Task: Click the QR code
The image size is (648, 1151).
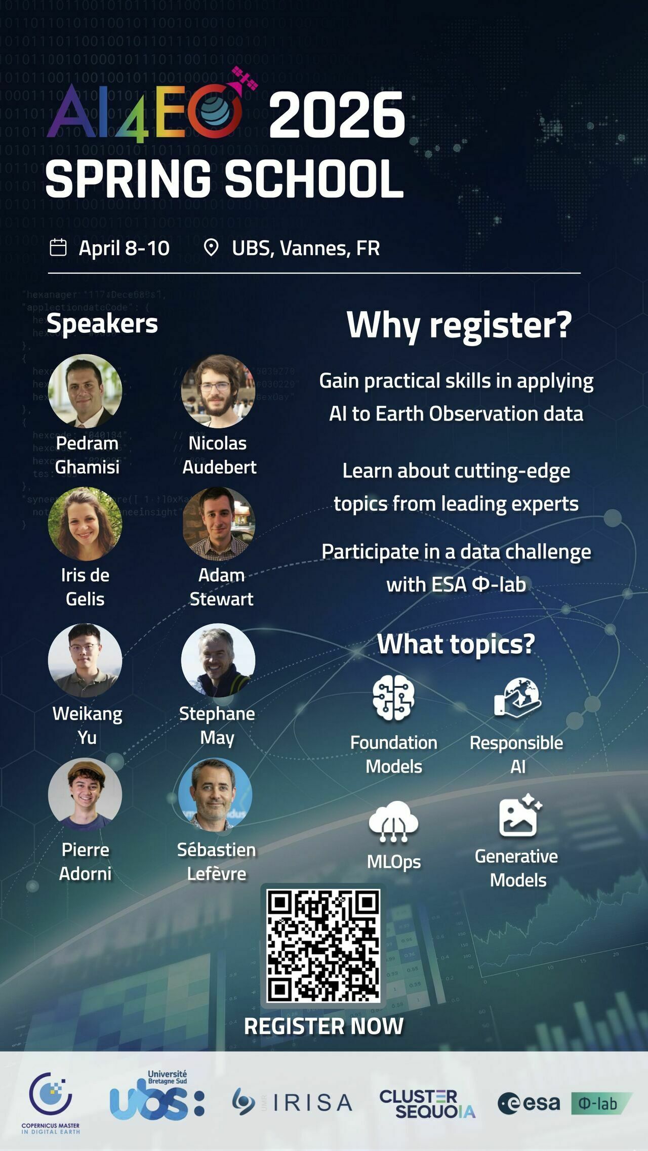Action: click(323, 946)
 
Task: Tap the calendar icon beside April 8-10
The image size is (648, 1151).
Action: click(58, 248)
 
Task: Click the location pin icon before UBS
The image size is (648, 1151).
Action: click(211, 248)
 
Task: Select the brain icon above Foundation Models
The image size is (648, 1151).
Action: click(393, 697)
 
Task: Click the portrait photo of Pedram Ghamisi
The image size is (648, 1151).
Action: click(85, 391)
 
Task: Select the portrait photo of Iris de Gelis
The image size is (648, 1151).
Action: click(85, 524)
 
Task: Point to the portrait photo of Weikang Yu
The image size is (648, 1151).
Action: click(85, 660)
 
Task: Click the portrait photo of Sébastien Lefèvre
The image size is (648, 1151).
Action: click(215, 795)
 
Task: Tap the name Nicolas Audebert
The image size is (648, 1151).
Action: click(219, 455)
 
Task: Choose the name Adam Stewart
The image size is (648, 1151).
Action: click(221, 587)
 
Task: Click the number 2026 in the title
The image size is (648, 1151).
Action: click(337, 115)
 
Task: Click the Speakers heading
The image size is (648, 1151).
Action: click(102, 323)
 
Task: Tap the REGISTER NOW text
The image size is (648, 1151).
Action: click(323, 1027)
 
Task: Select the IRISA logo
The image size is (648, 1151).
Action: click(292, 1102)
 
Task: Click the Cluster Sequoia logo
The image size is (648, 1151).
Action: click(428, 1103)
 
